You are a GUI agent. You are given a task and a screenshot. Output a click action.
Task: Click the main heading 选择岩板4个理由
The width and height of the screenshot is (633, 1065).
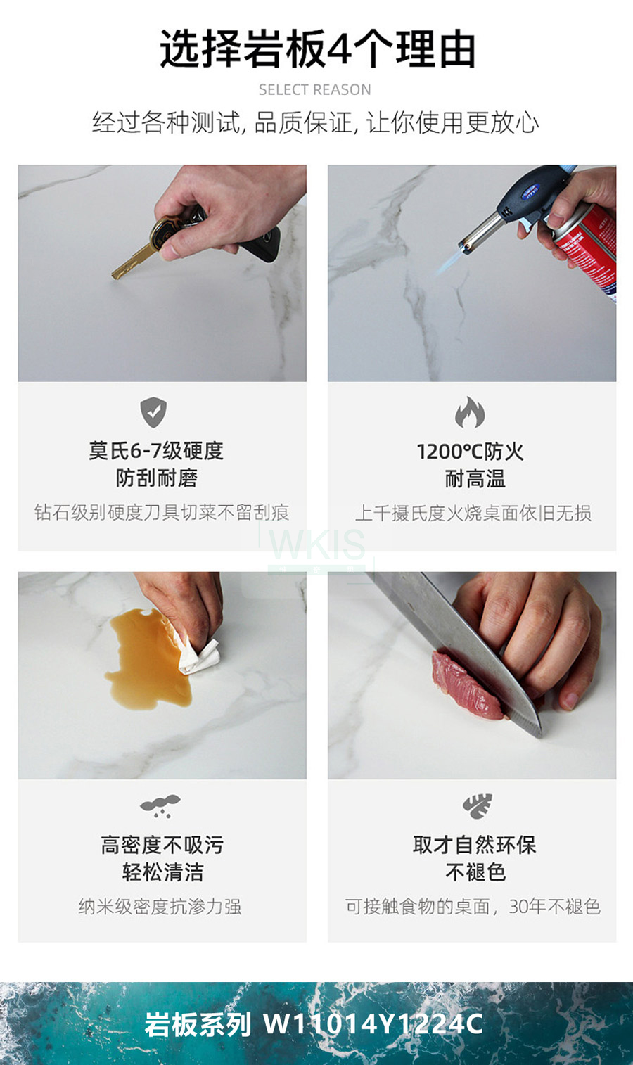[x=317, y=49]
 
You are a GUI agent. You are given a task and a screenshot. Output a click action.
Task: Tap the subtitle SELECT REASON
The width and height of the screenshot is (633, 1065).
[x=314, y=89]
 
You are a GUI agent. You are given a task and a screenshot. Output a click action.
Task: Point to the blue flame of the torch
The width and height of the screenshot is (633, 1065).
[x=451, y=262]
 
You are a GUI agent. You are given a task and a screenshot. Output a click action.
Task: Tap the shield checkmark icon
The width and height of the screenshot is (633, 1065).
[x=153, y=412]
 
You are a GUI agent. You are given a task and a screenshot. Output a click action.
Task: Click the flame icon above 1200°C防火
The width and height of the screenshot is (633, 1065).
[x=470, y=412]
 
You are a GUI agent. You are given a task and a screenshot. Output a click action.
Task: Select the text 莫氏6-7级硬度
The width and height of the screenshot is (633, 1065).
[x=156, y=451]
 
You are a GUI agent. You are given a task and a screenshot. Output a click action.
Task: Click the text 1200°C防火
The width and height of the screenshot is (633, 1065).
[x=470, y=452]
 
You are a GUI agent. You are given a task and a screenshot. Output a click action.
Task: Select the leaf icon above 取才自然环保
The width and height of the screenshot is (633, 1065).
[x=477, y=806]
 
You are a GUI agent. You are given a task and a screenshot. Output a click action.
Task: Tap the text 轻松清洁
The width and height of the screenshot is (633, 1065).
[x=162, y=872]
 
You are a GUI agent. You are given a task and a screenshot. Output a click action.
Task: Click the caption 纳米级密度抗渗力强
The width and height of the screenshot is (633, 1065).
[x=160, y=907]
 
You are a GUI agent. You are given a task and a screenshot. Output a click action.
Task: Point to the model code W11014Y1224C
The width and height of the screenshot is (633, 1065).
[x=373, y=1024]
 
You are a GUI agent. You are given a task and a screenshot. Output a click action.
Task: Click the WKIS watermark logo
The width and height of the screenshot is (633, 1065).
[x=316, y=547]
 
